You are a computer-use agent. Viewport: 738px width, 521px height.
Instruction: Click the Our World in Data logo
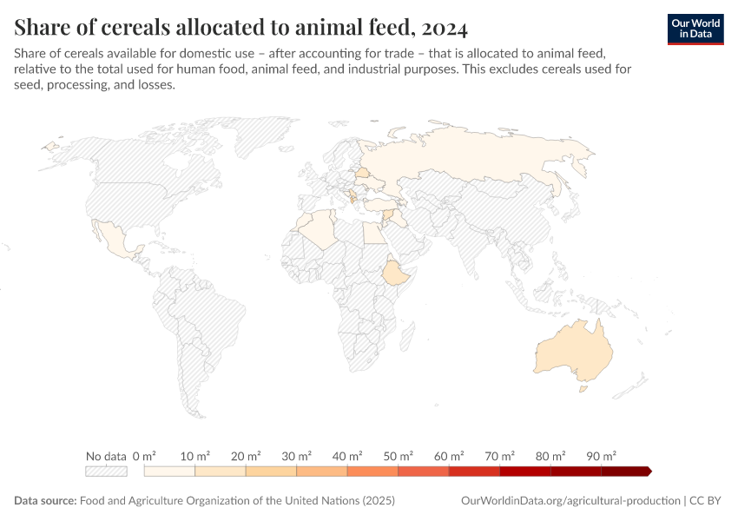click(695, 29)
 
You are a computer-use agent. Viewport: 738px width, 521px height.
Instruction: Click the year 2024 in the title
click(444, 28)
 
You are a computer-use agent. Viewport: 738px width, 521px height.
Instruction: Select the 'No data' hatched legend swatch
click(106, 472)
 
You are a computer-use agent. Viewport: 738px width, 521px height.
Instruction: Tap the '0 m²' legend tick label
click(144, 456)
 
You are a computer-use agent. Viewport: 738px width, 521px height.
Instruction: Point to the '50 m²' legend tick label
click(398, 456)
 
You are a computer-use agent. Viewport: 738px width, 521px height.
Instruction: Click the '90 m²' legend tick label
click(600, 456)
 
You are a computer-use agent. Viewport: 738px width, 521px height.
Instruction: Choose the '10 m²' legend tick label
click(194, 456)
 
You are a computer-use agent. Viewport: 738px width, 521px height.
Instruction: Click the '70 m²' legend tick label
click(499, 456)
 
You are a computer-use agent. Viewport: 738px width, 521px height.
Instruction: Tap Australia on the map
click(573, 352)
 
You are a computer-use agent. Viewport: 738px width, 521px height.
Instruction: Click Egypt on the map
click(372, 233)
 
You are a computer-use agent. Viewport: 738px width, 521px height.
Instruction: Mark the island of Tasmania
click(584, 390)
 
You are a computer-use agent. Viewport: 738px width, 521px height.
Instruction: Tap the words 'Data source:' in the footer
click(45, 501)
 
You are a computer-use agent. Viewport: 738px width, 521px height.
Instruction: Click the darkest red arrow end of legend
click(647, 472)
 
